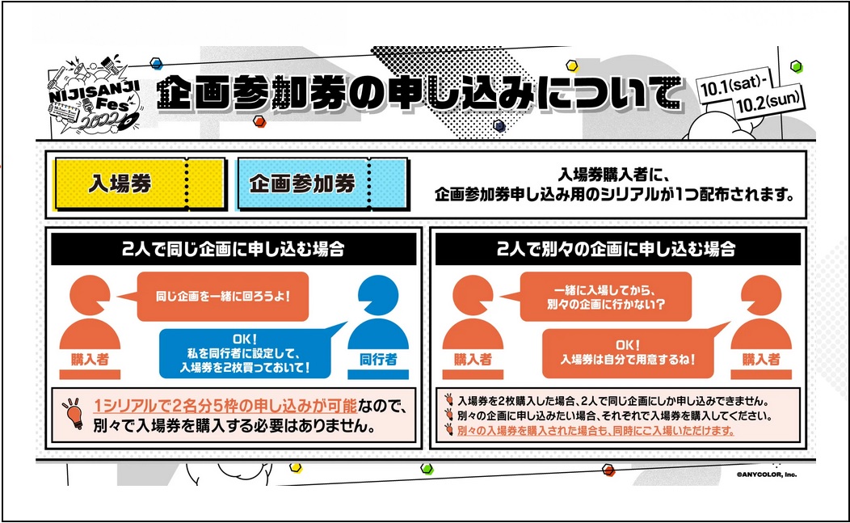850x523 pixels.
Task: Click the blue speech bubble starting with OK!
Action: tap(245, 353)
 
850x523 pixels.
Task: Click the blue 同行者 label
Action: tap(378, 359)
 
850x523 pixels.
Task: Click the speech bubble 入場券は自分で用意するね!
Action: tap(627, 352)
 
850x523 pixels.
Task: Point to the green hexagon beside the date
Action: tap(796, 66)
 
